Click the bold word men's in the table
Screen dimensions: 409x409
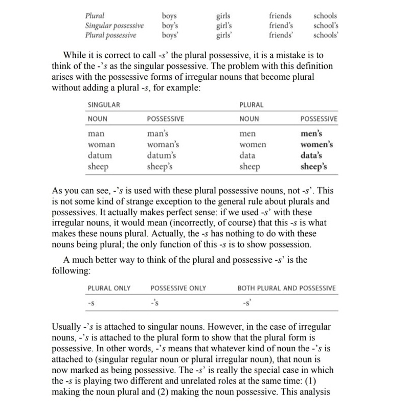coord(311,134)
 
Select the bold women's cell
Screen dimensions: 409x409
coord(317,145)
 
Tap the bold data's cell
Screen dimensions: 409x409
coord(312,155)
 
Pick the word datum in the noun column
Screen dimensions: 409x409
coord(100,155)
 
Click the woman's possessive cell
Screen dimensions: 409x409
coord(163,145)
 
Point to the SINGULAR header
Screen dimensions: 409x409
coord(104,105)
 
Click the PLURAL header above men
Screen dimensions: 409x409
coord(251,105)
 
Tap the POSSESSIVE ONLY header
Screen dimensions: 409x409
coord(178,288)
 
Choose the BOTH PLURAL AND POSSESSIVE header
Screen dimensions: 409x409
coord(286,288)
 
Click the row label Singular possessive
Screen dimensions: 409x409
coord(115,26)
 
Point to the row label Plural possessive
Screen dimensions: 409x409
coord(110,35)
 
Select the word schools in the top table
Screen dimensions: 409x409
coord(325,16)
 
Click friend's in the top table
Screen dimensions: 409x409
coord(281,26)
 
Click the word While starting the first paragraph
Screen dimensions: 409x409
coord(75,55)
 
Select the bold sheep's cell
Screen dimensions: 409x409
coord(314,166)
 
